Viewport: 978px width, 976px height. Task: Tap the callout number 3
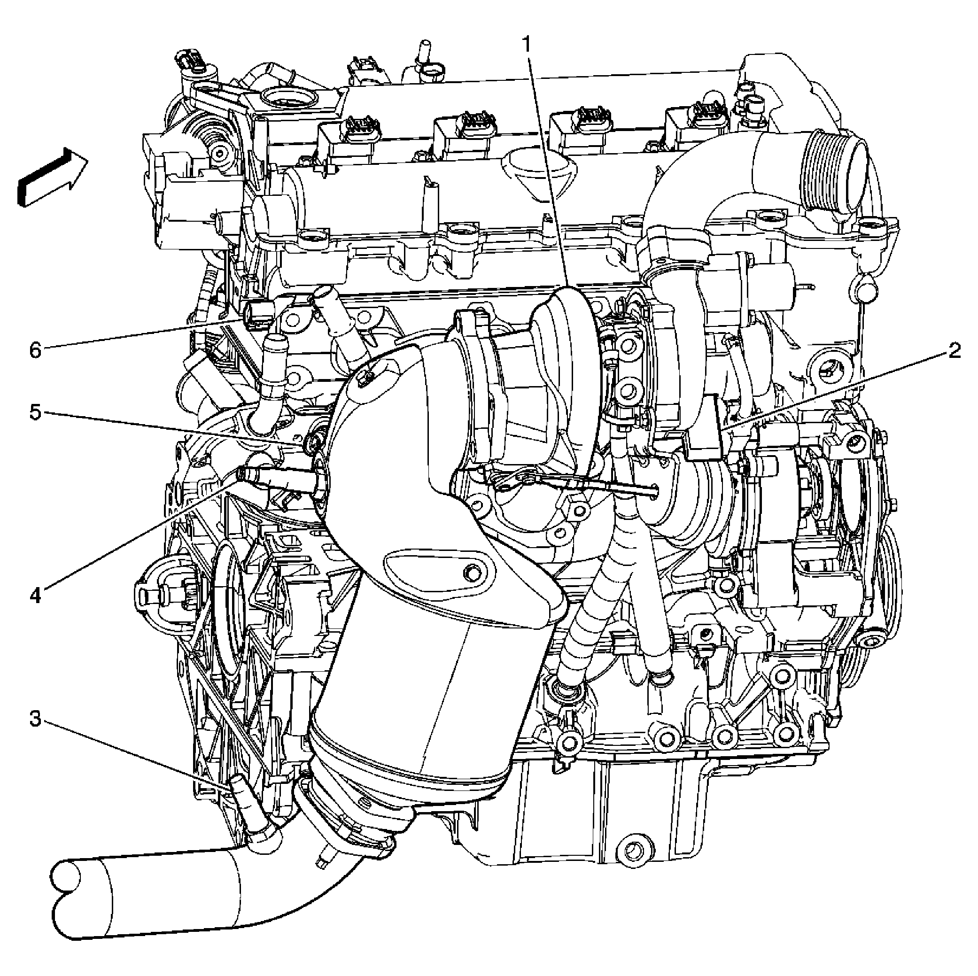coord(35,718)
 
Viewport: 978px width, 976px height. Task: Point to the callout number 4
coord(35,595)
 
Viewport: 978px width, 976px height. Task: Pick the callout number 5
coord(35,412)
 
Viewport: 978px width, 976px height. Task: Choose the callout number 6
coord(35,349)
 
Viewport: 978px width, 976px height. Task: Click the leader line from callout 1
coord(549,167)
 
